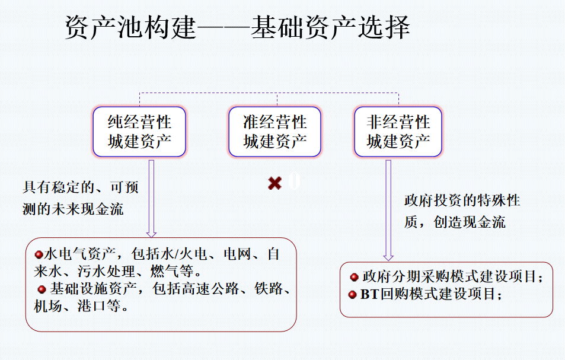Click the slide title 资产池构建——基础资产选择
(238, 27)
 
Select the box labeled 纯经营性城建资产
(139, 132)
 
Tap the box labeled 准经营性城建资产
(274, 132)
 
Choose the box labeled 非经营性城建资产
(398, 132)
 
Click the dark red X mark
(274, 183)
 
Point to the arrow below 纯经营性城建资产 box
(151, 199)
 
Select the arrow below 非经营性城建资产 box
(388, 211)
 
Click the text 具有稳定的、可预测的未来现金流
(81, 198)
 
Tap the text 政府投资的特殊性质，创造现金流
(462, 211)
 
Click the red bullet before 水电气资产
(39, 255)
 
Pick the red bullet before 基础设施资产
(42, 289)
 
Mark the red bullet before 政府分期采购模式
(354, 277)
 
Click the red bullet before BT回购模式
(352, 294)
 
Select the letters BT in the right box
(369, 294)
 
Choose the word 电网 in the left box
(237, 254)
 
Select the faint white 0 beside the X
(294, 181)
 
